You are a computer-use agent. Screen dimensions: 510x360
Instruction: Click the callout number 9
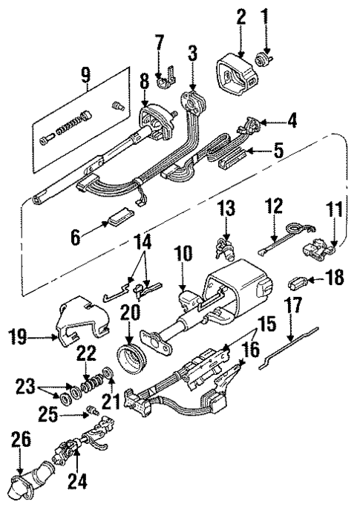pyautogui.click(x=86, y=74)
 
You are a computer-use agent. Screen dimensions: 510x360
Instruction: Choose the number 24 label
pyautogui.click(x=77, y=483)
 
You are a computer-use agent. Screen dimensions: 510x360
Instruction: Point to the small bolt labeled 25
pyautogui.click(x=93, y=411)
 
